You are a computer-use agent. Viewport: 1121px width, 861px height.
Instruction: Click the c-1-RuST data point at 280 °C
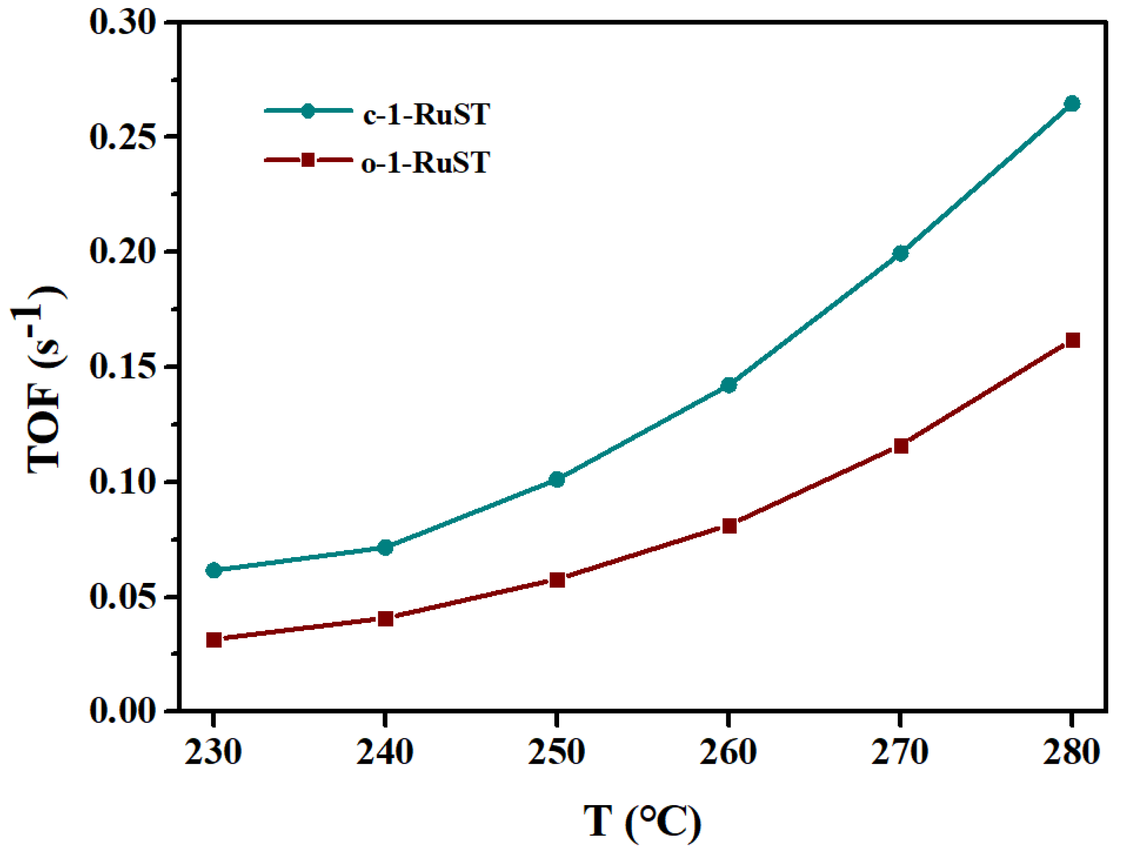pyautogui.click(x=1071, y=103)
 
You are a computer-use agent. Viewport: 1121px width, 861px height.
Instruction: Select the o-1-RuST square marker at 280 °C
pyautogui.click(x=1072, y=340)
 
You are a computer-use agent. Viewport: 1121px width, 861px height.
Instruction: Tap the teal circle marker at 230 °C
pyautogui.click(x=214, y=570)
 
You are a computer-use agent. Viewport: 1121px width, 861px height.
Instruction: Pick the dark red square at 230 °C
pyautogui.click(x=214, y=640)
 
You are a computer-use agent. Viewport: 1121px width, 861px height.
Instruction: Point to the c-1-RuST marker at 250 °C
pyautogui.click(x=557, y=480)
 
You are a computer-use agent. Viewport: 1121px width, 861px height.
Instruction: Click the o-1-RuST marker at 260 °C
pyautogui.click(x=729, y=526)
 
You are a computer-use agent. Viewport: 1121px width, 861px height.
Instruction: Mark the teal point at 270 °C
pyautogui.click(x=901, y=253)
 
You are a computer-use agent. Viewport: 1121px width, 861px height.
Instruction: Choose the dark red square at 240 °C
pyautogui.click(x=385, y=619)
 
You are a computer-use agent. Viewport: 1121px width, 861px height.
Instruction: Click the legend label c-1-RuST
pyautogui.click(x=426, y=114)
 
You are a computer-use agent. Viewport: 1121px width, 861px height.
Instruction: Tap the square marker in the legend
pyautogui.click(x=308, y=160)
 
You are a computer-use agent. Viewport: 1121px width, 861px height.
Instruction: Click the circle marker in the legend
pyautogui.click(x=308, y=111)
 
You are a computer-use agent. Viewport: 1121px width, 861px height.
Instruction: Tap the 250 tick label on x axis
pyautogui.click(x=557, y=753)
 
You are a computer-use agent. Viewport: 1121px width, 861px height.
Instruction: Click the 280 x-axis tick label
pyautogui.click(x=1071, y=753)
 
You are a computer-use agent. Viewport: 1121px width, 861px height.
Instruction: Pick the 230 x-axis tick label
pyautogui.click(x=213, y=753)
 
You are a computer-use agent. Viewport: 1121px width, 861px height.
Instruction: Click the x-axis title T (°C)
pyautogui.click(x=642, y=822)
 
